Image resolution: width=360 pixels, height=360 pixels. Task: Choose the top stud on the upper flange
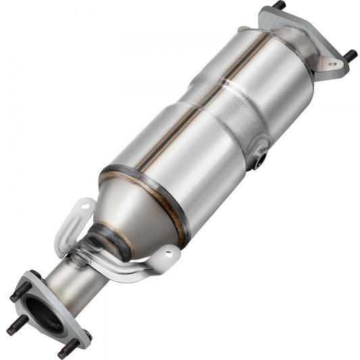click(x=279, y=5)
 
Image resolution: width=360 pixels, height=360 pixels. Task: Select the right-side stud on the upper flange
click(x=351, y=55)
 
